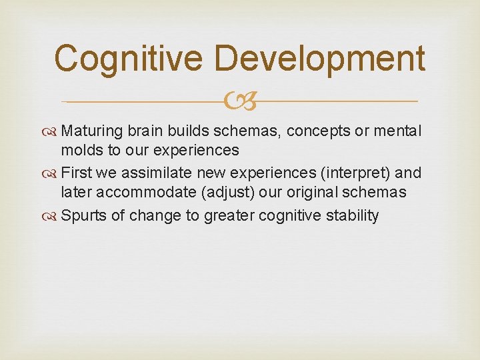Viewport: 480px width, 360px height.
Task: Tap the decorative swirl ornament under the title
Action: click(239, 101)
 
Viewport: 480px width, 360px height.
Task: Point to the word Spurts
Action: click(84, 216)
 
